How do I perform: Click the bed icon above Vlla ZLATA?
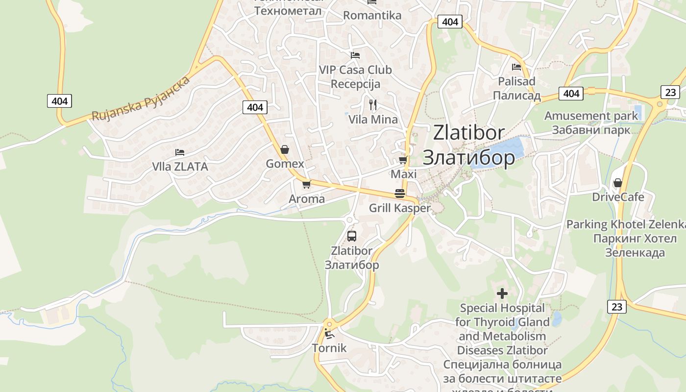point(180,152)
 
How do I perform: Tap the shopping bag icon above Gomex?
point(284,149)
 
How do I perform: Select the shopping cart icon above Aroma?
point(306,184)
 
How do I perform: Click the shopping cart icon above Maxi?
point(403,160)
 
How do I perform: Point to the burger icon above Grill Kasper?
point(400,193)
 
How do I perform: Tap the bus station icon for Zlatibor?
point(352,236)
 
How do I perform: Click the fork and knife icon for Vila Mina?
point(373,104)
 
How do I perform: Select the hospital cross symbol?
point(502,294)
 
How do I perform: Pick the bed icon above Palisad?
point(516,67)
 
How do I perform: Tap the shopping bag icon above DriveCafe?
point(617,183)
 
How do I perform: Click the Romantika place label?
point(372,15)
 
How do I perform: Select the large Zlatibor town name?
point(468,145)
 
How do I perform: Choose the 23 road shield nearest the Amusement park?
point(670,92)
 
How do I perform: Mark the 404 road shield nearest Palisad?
point(571,93)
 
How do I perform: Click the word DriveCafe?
point(618,197)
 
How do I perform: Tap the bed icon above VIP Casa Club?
point(355,55)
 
